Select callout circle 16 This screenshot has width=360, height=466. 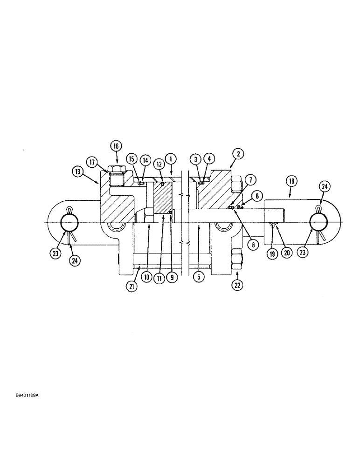click(116, 145)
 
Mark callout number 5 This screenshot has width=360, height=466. click(198, 276)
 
